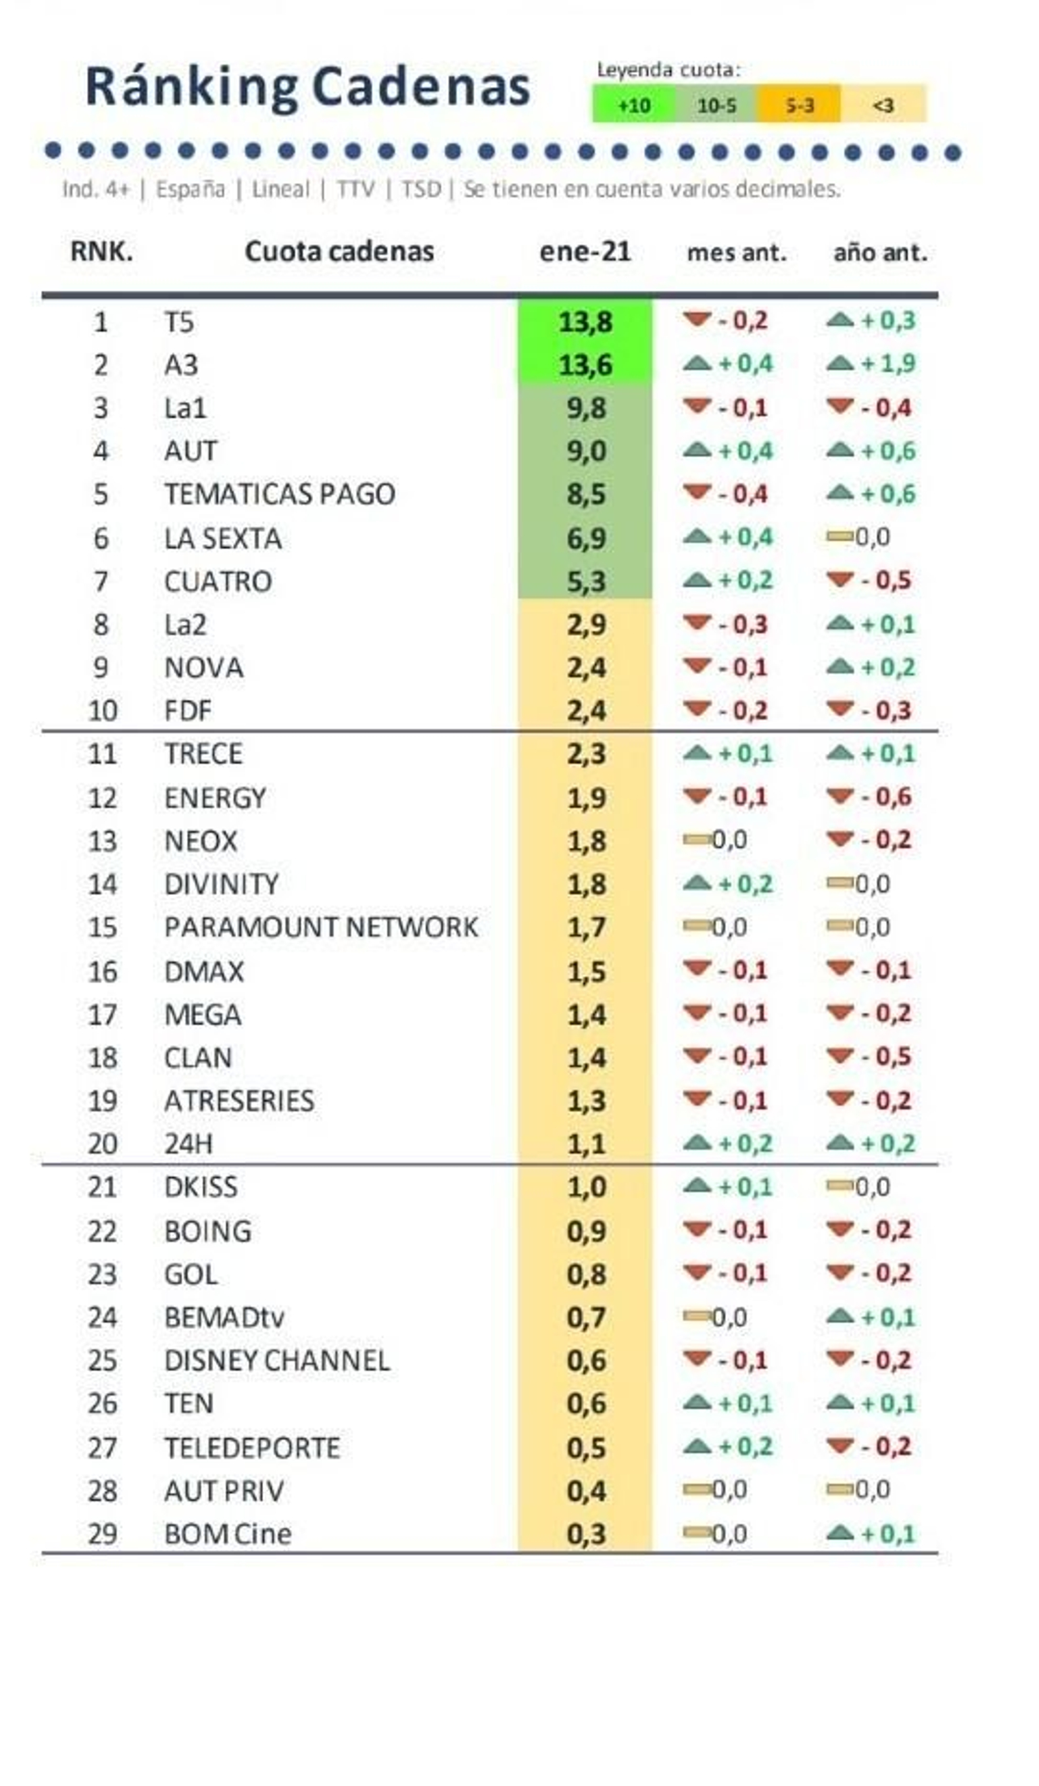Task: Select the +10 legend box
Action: point(633,106)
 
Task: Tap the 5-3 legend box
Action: point(799,106)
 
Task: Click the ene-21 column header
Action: point(584,251)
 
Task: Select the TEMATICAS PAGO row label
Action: point(279,494)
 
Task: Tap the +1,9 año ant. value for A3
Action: point(887,364)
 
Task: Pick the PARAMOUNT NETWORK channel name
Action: point(320,927)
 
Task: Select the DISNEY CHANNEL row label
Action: point(277,1360)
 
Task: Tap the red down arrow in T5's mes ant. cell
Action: point(697,320)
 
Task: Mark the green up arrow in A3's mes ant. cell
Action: point(697,364)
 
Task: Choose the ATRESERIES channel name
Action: point(239,1101)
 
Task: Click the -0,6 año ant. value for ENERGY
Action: point(885,797)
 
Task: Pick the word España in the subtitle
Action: point(190,189)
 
